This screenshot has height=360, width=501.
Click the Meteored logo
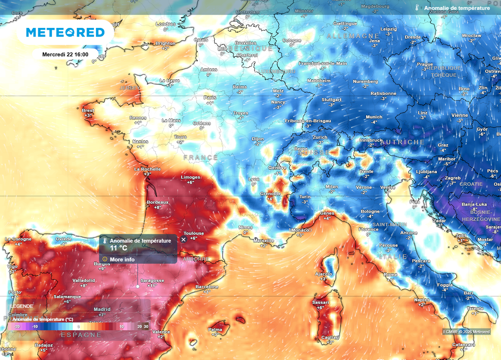[x=65, y=32]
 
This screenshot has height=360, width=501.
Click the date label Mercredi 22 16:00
[x=65, y=54]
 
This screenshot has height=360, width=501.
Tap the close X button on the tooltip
[x=183, y=239]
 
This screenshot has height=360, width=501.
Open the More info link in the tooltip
[x=122, y=259]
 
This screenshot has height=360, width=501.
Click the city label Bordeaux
[x=158, y=202]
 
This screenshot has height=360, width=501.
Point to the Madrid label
[x=102, y=309]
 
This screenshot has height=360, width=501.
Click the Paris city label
[x=209, y=97]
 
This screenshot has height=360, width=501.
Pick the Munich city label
[x=374, y=117]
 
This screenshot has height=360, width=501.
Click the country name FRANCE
[x=201, y=157]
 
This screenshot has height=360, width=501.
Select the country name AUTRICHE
[x=403, y=142]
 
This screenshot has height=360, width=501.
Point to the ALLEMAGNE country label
[x=353, y=36]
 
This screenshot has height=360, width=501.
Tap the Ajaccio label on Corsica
[x=323, y=273]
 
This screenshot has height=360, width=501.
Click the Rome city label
[x=390, y=275]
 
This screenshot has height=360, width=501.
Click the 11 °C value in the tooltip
[x=118, y=247]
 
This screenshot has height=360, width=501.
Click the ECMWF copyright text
[x=466, y=332]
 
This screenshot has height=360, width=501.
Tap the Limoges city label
[x=190, y=177]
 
